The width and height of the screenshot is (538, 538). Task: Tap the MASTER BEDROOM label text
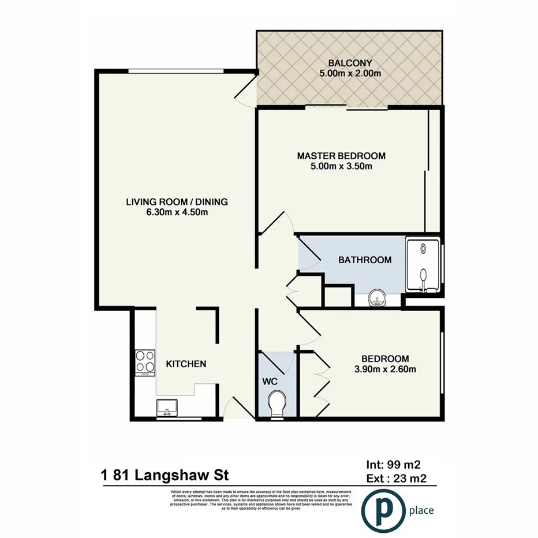click(x=341, y=156)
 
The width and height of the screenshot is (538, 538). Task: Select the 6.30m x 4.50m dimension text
click(x=177, y=212)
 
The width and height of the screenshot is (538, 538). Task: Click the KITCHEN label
click(x=186, y=364)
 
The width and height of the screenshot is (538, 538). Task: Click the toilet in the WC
click(x=277, y=401)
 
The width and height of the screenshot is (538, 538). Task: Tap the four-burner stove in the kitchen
click(x=145, y=363)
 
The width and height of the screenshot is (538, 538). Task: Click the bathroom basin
click(x=376, y=299)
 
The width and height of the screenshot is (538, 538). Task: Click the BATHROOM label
click(x=364, y=260)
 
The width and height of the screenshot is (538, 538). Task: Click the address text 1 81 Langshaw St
click(x=165, y=476)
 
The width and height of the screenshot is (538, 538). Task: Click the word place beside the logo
click(x=421, y=510)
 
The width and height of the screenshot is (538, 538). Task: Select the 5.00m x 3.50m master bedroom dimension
click(x=341, y=167)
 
